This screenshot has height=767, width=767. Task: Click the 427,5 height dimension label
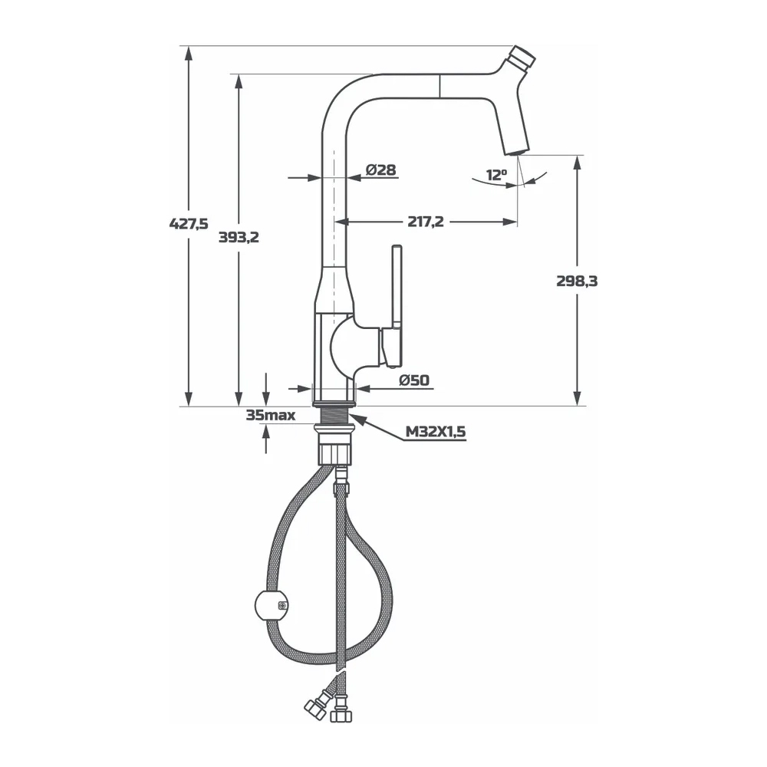189,223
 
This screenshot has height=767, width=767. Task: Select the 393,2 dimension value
239,237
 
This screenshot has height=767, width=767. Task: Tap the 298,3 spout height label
578,281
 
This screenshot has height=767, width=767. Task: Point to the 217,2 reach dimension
426,222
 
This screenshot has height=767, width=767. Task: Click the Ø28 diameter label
381,170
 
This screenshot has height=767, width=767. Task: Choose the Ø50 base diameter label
414,380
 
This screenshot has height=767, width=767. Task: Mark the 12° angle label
496,175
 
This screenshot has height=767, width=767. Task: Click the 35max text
271,415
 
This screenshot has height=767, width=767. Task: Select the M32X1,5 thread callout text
436,432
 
